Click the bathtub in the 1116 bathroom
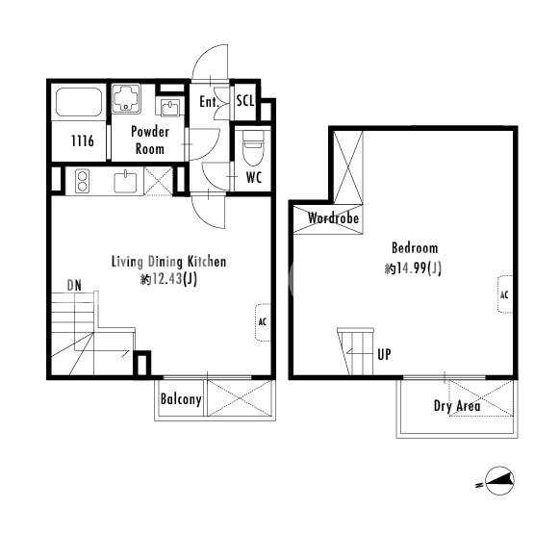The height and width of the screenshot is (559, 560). tap(79, 101)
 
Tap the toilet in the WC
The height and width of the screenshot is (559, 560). tap(253, 147)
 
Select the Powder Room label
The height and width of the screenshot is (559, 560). tap(150, 140)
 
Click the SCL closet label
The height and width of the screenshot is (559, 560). tap(245, 101)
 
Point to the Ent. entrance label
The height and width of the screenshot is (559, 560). tap(209, 102)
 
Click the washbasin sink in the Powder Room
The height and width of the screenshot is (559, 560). tap(170, 108)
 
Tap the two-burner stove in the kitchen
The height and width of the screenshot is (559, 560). tap(83, 181)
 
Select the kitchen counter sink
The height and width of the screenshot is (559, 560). tap(125, 182)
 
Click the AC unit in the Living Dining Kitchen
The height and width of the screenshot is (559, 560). tap(263, 322)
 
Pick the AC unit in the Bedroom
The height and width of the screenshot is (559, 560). tap(505, 294)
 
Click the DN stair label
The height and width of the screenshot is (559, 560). tap(74, 286)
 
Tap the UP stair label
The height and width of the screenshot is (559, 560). tap(384, 354)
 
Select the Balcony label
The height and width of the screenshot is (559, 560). tap(181, 399)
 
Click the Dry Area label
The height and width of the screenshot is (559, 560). tap(457, 406)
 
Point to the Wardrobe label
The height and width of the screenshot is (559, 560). tap(333, 217)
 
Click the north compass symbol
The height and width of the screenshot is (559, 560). tap(499, 481)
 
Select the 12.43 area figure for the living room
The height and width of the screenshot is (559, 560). tap(166, 279)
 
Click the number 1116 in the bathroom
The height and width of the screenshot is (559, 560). tap(83, 141)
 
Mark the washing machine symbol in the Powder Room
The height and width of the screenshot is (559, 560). tap(126, 98)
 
